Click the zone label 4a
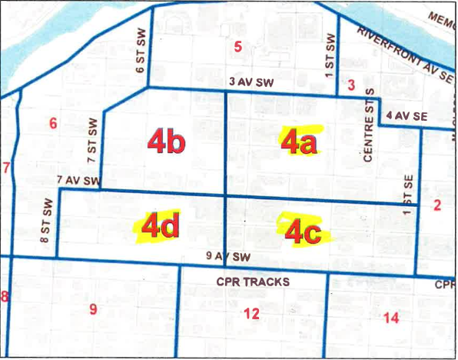(x=300, y=142)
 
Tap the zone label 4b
(x=165, y=142)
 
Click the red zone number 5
(x=238, y=47)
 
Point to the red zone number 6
(x=53, y=123)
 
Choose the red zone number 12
(x=251, y=312)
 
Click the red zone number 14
(x=390, y=317)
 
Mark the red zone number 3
(x=351, y=85)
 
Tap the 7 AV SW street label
(x=78, y=181)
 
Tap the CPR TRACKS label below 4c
(x=253, y=282)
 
